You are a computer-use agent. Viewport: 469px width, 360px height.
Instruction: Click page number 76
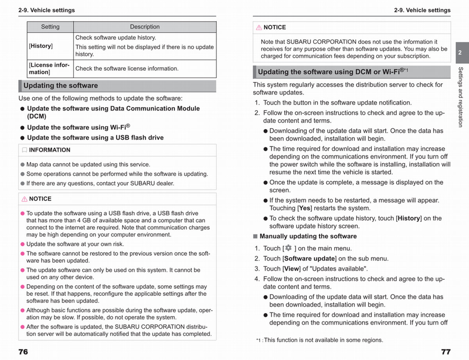23,352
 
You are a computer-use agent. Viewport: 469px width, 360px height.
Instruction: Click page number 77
446,352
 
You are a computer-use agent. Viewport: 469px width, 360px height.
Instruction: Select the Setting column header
50,27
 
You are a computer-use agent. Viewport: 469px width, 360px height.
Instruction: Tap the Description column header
145,27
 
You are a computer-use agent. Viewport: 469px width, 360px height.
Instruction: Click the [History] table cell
41,46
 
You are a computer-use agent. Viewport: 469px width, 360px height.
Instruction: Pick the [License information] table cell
49,68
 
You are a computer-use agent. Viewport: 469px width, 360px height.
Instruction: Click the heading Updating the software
61,86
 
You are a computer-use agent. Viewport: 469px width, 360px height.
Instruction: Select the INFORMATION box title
50,150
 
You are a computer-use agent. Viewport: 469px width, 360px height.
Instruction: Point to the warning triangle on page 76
24,199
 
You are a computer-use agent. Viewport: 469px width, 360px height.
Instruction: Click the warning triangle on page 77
259,28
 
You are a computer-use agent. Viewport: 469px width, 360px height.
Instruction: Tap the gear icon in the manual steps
288,248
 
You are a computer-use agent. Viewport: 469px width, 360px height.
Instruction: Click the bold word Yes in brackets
305,208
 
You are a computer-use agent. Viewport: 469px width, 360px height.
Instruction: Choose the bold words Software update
310,259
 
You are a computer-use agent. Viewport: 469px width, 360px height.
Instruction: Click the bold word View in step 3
292,269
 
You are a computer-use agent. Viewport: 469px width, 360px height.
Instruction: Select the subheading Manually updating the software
308,236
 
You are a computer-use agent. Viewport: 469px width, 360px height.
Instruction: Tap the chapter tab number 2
460,52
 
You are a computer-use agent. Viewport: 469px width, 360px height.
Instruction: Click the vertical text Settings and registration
460,97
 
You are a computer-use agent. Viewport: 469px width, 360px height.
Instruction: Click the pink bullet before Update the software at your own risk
22,244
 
